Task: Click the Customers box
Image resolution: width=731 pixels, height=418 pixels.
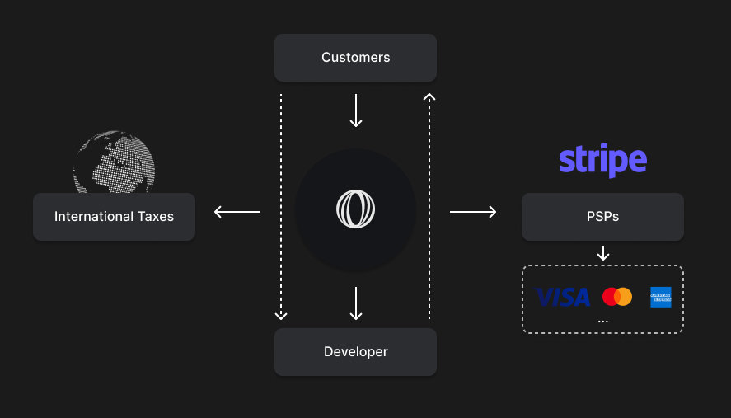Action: (x=355, y=58)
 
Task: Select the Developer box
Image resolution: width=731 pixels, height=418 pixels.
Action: (x=355, y=352)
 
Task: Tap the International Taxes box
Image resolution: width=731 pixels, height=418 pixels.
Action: (x=114, y=217)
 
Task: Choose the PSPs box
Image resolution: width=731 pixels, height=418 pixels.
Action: (x=602, y=217)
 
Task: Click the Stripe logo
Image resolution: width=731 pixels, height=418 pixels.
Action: (x=602, y=160)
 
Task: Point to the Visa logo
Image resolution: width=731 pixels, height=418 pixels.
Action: (x=563, y=297)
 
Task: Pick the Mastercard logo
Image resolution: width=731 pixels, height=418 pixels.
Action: (x=616, y=297)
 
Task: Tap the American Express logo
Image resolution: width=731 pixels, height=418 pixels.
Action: (x=660, y=297)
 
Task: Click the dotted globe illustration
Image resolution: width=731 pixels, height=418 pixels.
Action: (x=115, y=162)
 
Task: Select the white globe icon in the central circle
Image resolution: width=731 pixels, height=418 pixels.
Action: (x=355, y=209)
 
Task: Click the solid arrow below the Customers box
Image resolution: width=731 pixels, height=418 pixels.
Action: (x=355, y=110)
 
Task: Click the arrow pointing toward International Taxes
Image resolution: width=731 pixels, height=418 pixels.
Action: (x=237, y=212)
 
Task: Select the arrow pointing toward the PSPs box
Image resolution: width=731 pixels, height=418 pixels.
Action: (x=473, y=212)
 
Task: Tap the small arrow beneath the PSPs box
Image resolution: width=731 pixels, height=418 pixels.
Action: (x=602, y=252)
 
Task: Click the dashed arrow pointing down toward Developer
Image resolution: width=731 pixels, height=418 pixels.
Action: (x=281, y=206)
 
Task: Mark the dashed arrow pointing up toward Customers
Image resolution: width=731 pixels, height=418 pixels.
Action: (x=429, y=206)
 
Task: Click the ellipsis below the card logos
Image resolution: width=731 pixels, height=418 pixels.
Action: (x=602, y=320)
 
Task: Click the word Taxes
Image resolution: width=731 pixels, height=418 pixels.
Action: (x=154, y=217)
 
